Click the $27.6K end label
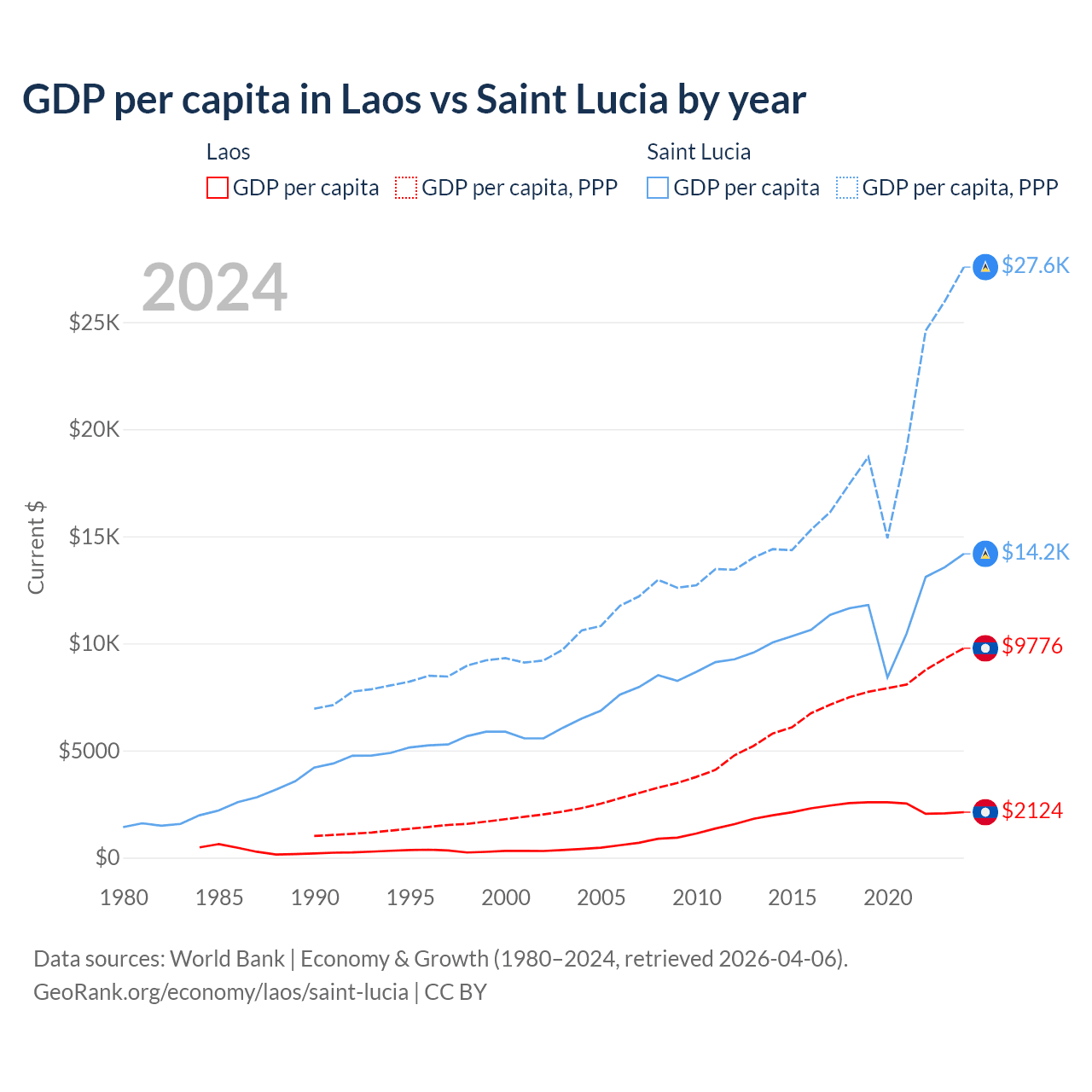tap(1035, 265)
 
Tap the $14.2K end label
tap(1035, 552)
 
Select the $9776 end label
tap(1032, 646)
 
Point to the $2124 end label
tap(1032, 810)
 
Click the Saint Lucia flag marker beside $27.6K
tap(985, 267)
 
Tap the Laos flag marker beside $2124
tap(985, 812)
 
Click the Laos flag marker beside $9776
tap(985, 648)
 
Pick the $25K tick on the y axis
tap(95, 322)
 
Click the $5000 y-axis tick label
tap(89, 751)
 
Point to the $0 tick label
tap(107, 857)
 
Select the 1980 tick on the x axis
tap(124, 897)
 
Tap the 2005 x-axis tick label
tap(601, 897)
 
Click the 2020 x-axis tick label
tap(888, 897)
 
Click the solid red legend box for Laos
tap(218, 188)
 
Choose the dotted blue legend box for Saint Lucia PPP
tap(847, 188)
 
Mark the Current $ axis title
tap(36, 548)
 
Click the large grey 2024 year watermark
tap(214, 288)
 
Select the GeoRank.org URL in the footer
tap(221, 992)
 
